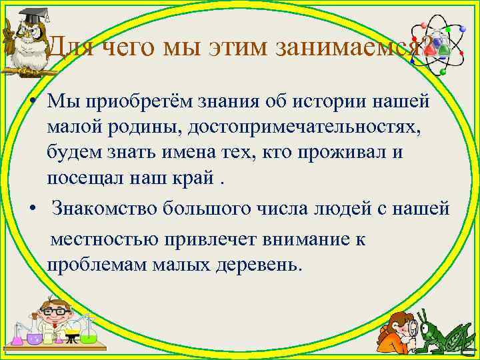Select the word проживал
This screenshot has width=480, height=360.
(x=343, y=152)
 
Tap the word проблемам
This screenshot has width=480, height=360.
(x=93, y=265)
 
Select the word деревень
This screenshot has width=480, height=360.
(x=259, y=265)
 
